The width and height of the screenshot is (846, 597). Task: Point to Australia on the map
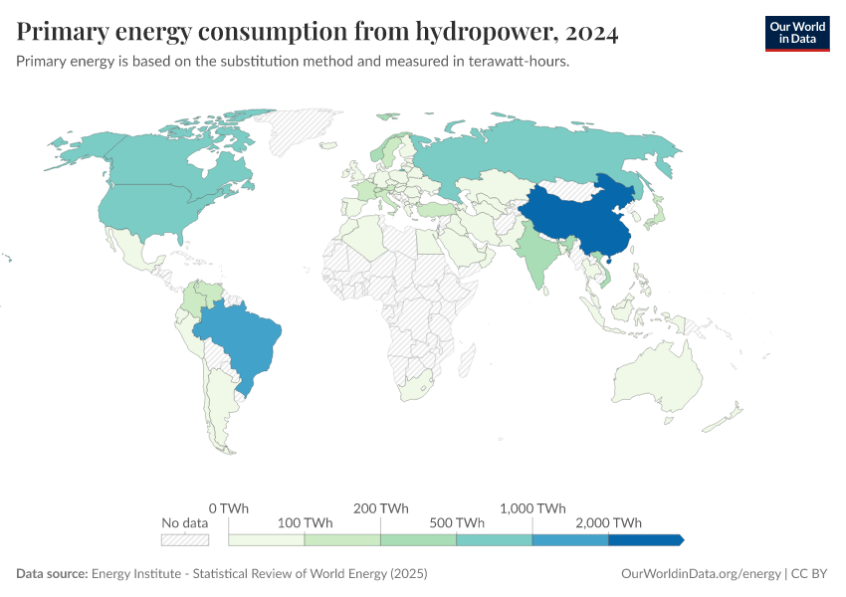coord(657,383)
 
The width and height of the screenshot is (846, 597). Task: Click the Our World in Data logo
coord(796,33)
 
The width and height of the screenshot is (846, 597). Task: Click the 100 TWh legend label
coord(305,523)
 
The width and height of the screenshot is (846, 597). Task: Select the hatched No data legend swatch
coord(185,539)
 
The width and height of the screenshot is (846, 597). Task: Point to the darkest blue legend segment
coord(645,539)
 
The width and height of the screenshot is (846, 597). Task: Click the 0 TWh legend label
coord(229,507)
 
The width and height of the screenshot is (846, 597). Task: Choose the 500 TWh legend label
coord(457,523)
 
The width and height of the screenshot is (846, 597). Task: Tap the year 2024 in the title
coord(591,33)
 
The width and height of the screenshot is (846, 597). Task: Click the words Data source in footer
coord(52,574)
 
